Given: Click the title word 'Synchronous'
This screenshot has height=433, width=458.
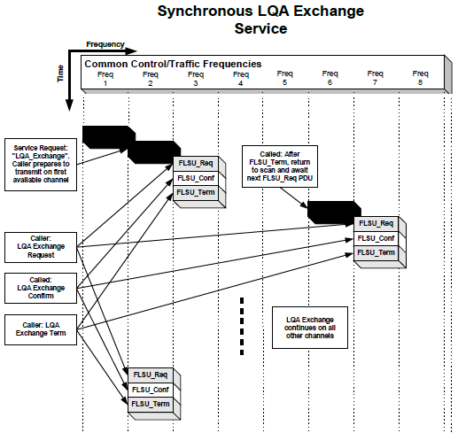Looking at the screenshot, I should [x=201, y=12].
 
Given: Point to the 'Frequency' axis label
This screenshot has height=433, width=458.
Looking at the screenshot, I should [x=105, y=43].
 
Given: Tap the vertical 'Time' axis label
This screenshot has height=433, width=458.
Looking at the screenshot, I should [x=60, y=74].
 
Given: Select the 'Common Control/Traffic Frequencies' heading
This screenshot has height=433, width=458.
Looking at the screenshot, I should [x=173, y=64].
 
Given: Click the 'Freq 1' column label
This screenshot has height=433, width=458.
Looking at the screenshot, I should [x=105, y=78].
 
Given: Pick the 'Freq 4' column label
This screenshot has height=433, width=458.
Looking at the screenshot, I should [x=239, y=78].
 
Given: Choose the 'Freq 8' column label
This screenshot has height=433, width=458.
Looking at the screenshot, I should [x=419, y=78].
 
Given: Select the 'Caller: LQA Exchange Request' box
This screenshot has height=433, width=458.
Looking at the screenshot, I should [x=41, y=246].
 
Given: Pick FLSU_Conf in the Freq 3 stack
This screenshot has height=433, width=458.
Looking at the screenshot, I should [x=195, y=177].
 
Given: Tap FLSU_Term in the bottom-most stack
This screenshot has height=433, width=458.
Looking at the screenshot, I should [x=150, y=404].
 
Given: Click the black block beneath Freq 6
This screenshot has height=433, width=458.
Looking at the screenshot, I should [x=330, y=211].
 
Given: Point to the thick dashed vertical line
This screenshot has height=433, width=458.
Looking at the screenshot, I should [x=241, y=328].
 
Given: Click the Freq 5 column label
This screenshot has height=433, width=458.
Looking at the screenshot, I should [x=284, y=78].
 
